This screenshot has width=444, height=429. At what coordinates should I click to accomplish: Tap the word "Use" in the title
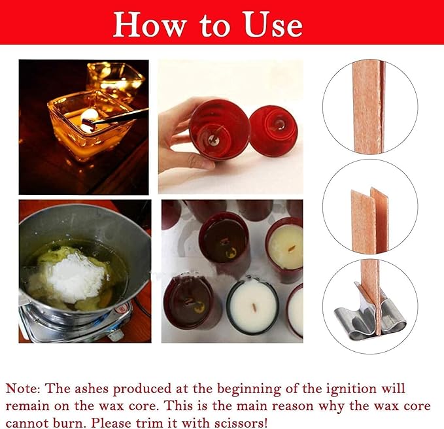tap(271, 24)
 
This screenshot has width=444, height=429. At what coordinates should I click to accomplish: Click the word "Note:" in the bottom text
tap(24, 390)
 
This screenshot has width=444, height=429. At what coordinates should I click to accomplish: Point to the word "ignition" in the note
tap(356, 390)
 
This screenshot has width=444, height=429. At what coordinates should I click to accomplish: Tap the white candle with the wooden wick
tap(252, 305)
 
